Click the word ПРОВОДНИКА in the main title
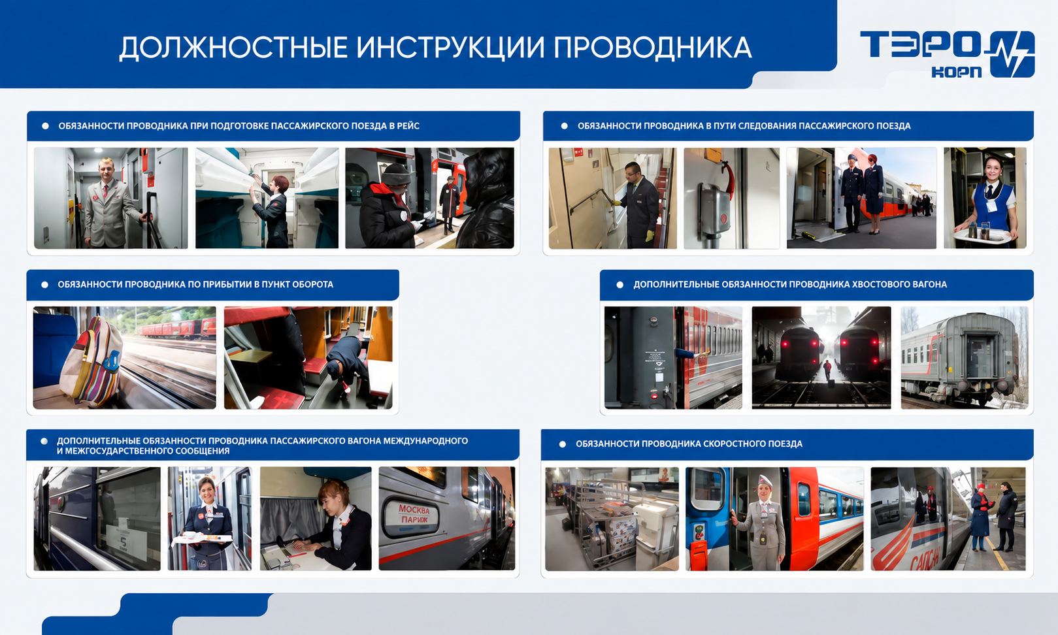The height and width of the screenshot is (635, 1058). [x=652, y=48]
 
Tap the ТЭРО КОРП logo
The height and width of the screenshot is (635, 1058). [x=947, y=54]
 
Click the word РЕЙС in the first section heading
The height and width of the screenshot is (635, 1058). [x=408, y=126]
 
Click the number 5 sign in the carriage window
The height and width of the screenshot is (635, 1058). [x=123, y=542]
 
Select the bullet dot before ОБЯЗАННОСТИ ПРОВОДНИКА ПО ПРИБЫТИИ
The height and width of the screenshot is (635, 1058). [x=45, y=285]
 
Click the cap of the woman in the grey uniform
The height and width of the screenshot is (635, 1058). [x=765, y=481]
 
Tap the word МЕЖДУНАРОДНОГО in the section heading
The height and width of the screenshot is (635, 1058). [x=425, y=441]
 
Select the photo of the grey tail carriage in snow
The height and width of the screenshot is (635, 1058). [x=964, y=357]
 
